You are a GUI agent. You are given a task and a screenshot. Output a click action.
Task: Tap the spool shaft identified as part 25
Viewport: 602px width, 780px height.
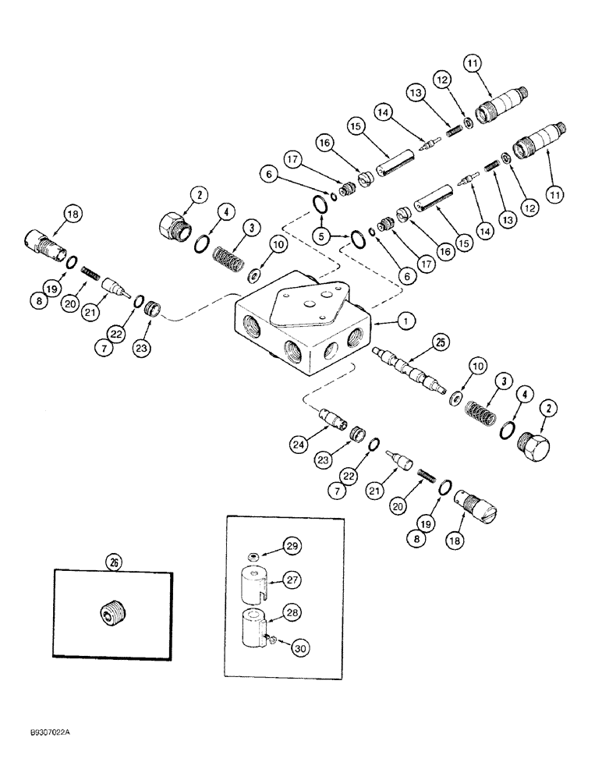click(406, 370)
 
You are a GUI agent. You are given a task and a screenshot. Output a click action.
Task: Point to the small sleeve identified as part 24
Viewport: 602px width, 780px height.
click(338, 421)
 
